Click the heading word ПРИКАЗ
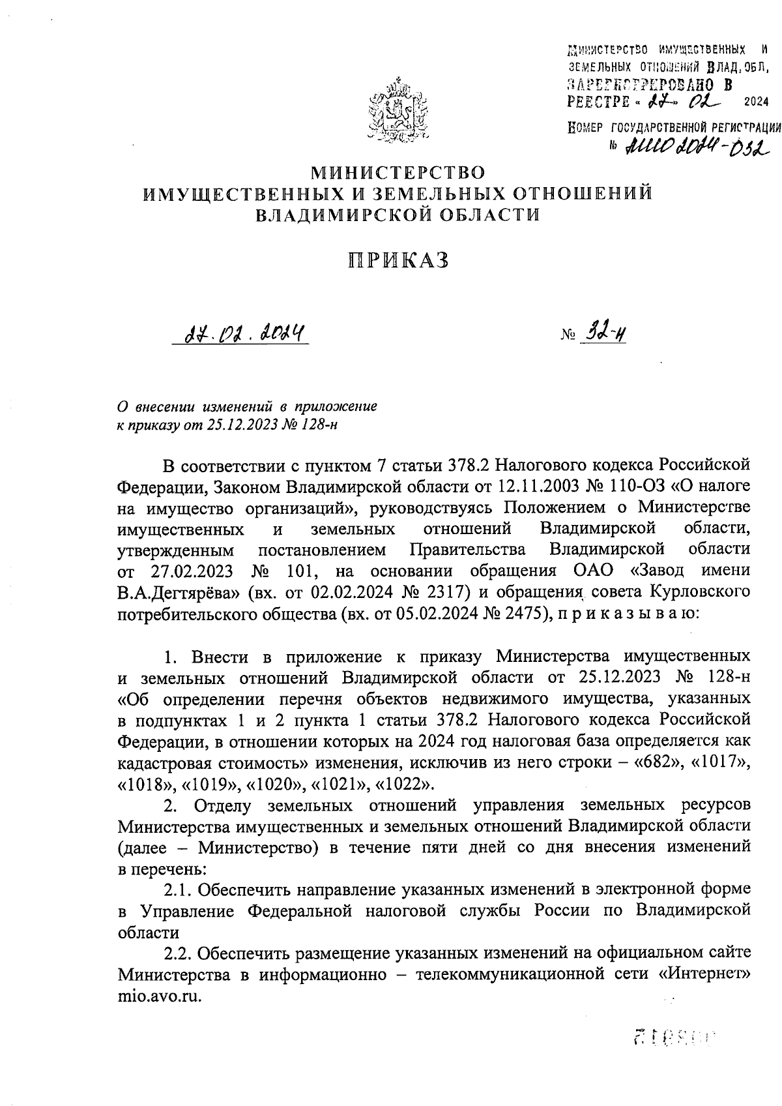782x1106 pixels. [x=398, y=260]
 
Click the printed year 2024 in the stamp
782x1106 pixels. [x=755, y=101]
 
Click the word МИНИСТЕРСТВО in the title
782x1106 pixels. [x=398, y=173]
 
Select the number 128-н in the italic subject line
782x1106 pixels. [x=318, y=425]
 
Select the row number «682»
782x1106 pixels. [x=656, y=762]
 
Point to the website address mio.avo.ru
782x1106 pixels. [x=160, y=996]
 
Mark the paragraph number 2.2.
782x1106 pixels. [x=177, y=953]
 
